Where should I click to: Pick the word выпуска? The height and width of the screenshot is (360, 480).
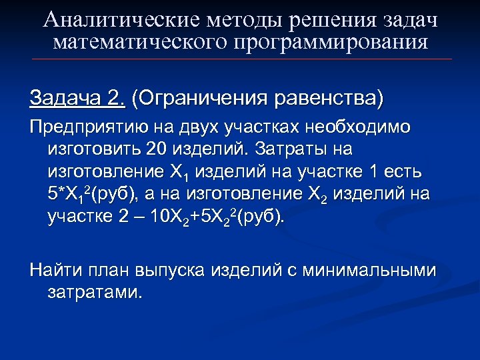point(173,270)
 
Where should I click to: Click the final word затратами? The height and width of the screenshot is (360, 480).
point(95,292)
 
